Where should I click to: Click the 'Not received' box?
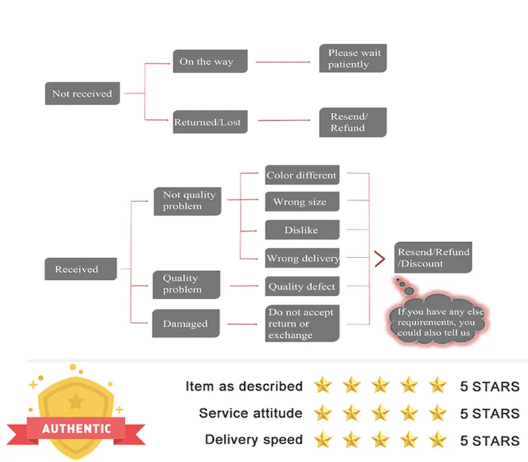(x=82, y=94)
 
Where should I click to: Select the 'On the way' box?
(x=206, y=62)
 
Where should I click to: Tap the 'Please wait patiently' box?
(x=352, y=59)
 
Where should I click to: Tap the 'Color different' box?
(x=302, y=176)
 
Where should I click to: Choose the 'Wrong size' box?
(x=302, y=202)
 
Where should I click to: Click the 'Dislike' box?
(x=302, y=230)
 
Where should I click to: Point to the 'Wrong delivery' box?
(x=302, y=258)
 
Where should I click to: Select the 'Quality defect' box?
(x=302, y=286)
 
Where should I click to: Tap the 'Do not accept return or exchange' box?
(x=302, y=323)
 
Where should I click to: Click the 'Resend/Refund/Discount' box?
(x=433, y=257)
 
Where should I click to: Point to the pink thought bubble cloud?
(x=436, y=320)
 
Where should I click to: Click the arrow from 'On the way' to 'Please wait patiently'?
(x=282, y=62)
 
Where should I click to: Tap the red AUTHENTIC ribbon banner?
(x=77, y=428)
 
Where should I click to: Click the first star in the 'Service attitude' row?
(x=323, y=413)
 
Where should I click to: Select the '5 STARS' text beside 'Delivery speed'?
(x=490, y=440)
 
